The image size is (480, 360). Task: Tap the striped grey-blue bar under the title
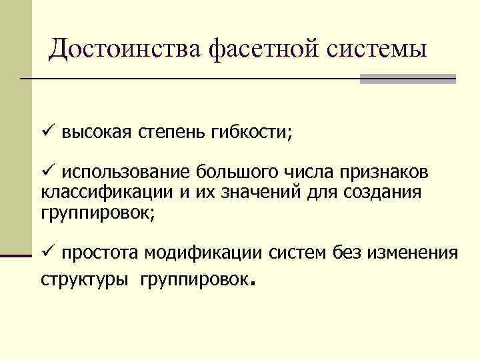click(407, 79)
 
